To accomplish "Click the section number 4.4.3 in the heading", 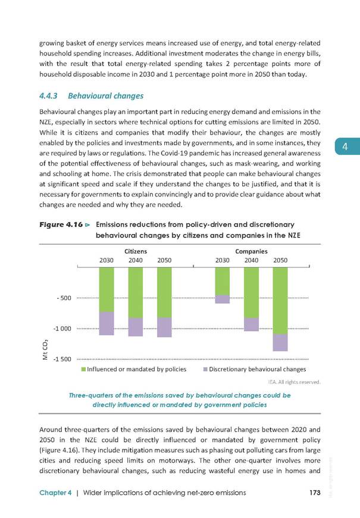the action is point(48,96).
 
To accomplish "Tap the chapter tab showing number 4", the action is point(347,146).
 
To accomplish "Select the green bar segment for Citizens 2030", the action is point(107,290).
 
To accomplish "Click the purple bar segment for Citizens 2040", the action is point(136,327).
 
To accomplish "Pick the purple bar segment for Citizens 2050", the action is point(164,327).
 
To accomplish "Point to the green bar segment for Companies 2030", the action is point(223,282).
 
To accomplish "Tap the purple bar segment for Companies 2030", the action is point(223,299).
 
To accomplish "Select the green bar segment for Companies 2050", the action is point(280,301).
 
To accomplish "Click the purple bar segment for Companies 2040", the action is point(251,324).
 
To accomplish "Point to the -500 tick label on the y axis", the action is point(64,298).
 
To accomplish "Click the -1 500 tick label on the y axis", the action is point(62,359).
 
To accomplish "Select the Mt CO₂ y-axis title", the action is point(45,350).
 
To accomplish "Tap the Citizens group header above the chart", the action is point(136,251).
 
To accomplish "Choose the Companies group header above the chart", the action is point(251,251).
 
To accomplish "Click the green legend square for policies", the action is point(83,369).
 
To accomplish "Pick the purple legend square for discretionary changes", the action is point(205,369).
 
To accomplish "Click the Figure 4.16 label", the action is point(61,224).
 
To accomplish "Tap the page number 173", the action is point(315,492).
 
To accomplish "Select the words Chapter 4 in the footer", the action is point(55,493).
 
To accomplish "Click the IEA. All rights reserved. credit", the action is point(295,382).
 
